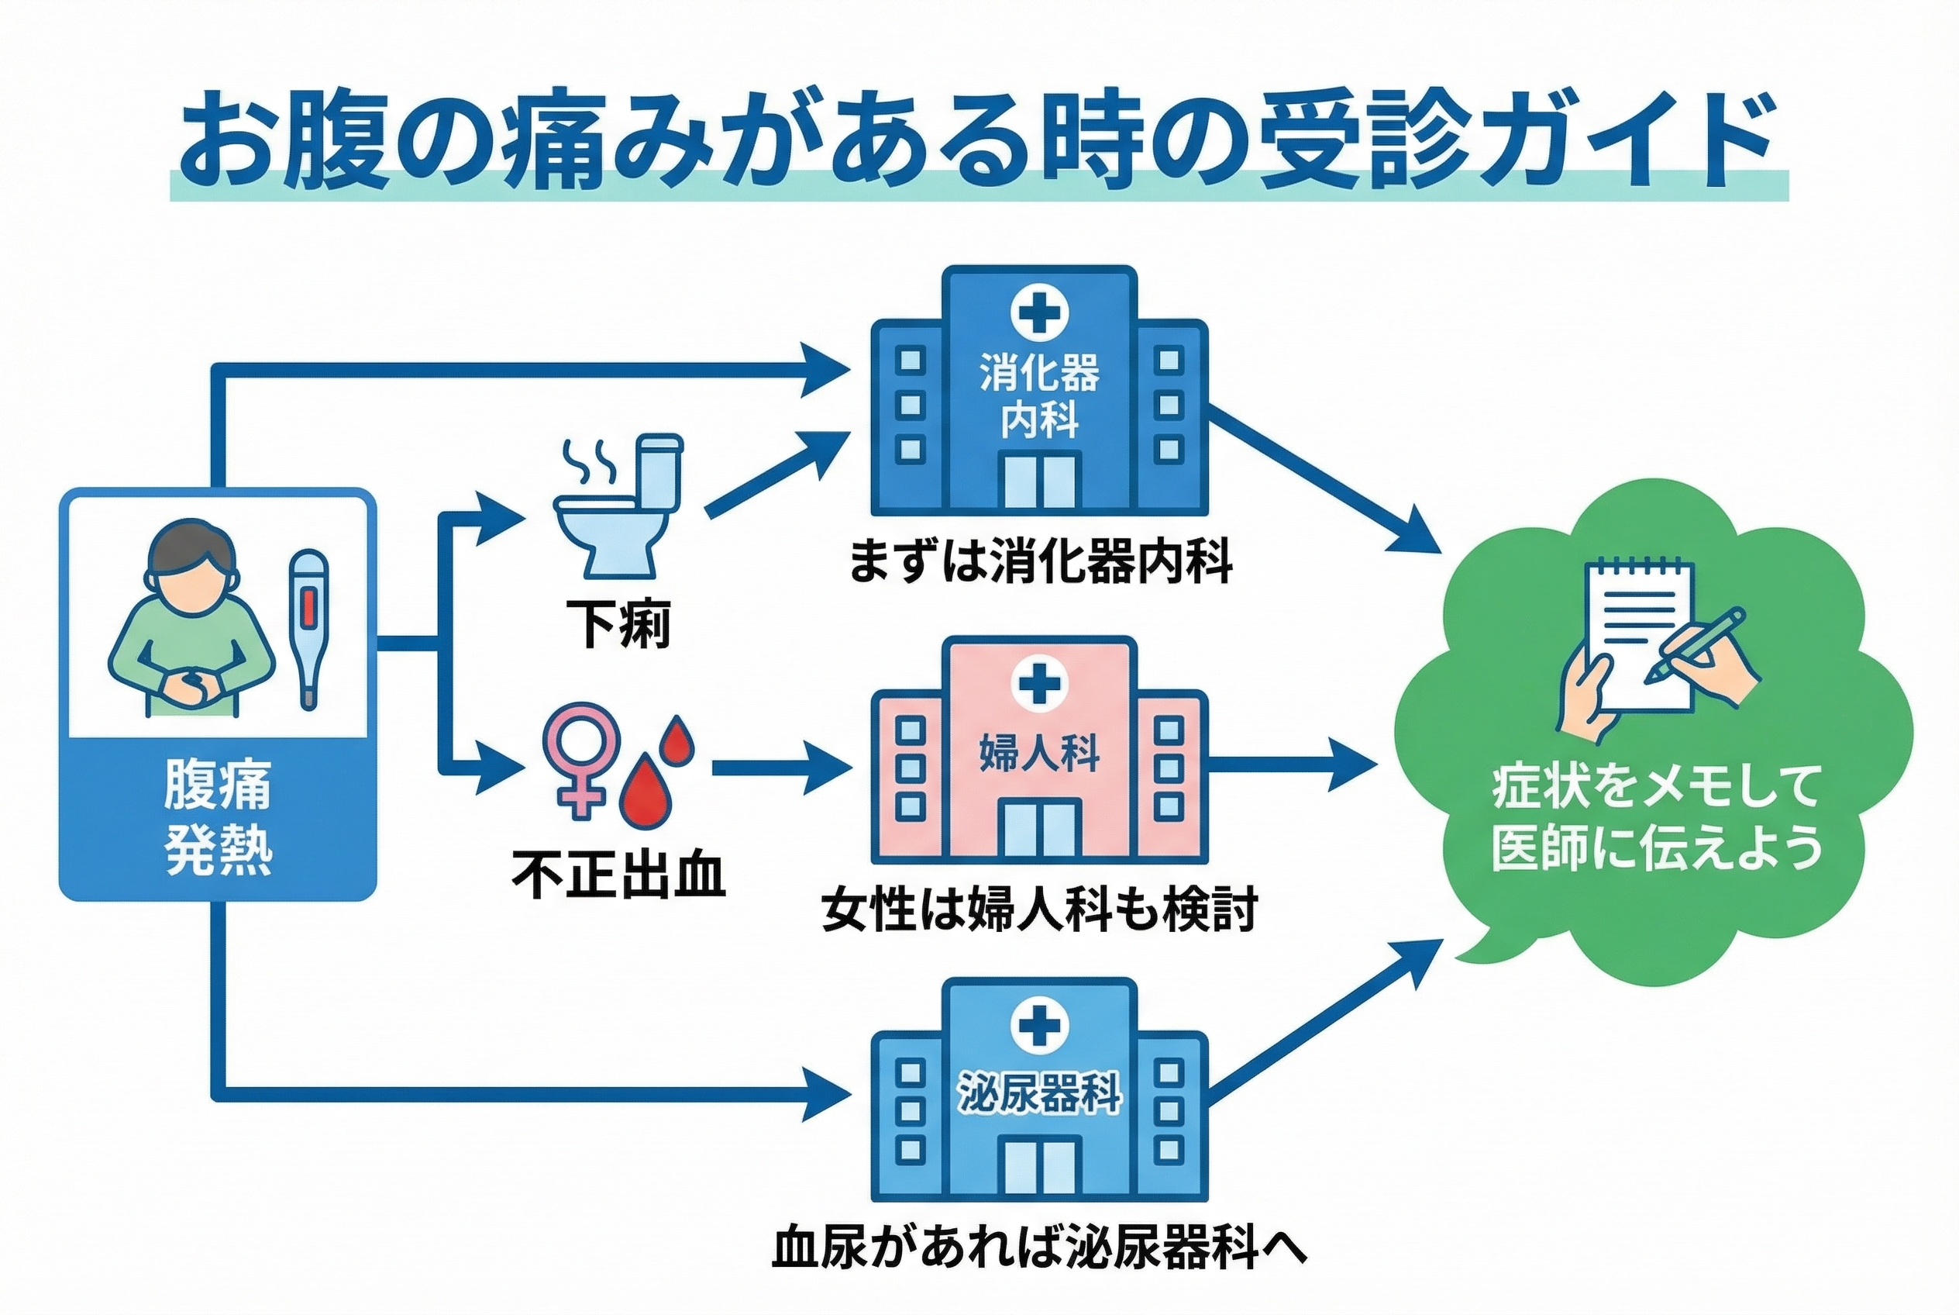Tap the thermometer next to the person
click(308, 629)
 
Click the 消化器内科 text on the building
click(1038, 396)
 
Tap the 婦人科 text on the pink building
click(1038, 751)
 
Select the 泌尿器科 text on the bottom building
click(1038, 1092)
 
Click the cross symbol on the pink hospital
click(1038, 685)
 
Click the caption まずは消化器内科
click(1039, 562)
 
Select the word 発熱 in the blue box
click(217, 851)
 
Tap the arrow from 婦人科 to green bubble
click(1291, 763)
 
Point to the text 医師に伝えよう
click(1656, 847)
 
